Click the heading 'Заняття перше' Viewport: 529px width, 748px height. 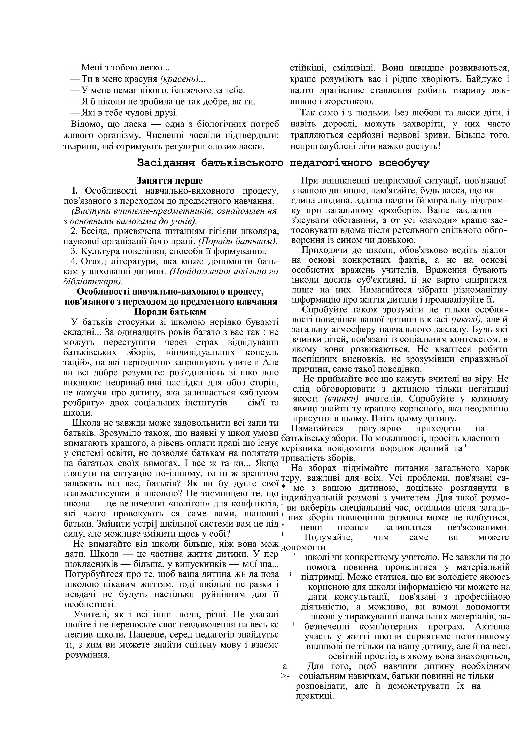169,180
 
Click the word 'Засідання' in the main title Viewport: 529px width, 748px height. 166,163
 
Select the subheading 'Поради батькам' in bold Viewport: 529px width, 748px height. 170,312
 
